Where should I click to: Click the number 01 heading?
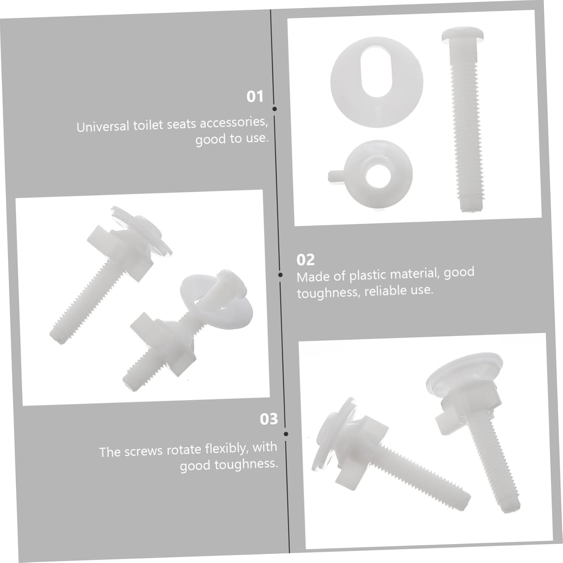tap(255, 97)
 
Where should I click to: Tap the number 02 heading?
tap(305, 260)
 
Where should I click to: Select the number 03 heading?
tap(269, 419)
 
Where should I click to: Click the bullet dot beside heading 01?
tap(275, 109)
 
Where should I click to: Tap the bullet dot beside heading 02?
tap(280, 275)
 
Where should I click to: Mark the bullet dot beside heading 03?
tap(286, 434)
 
